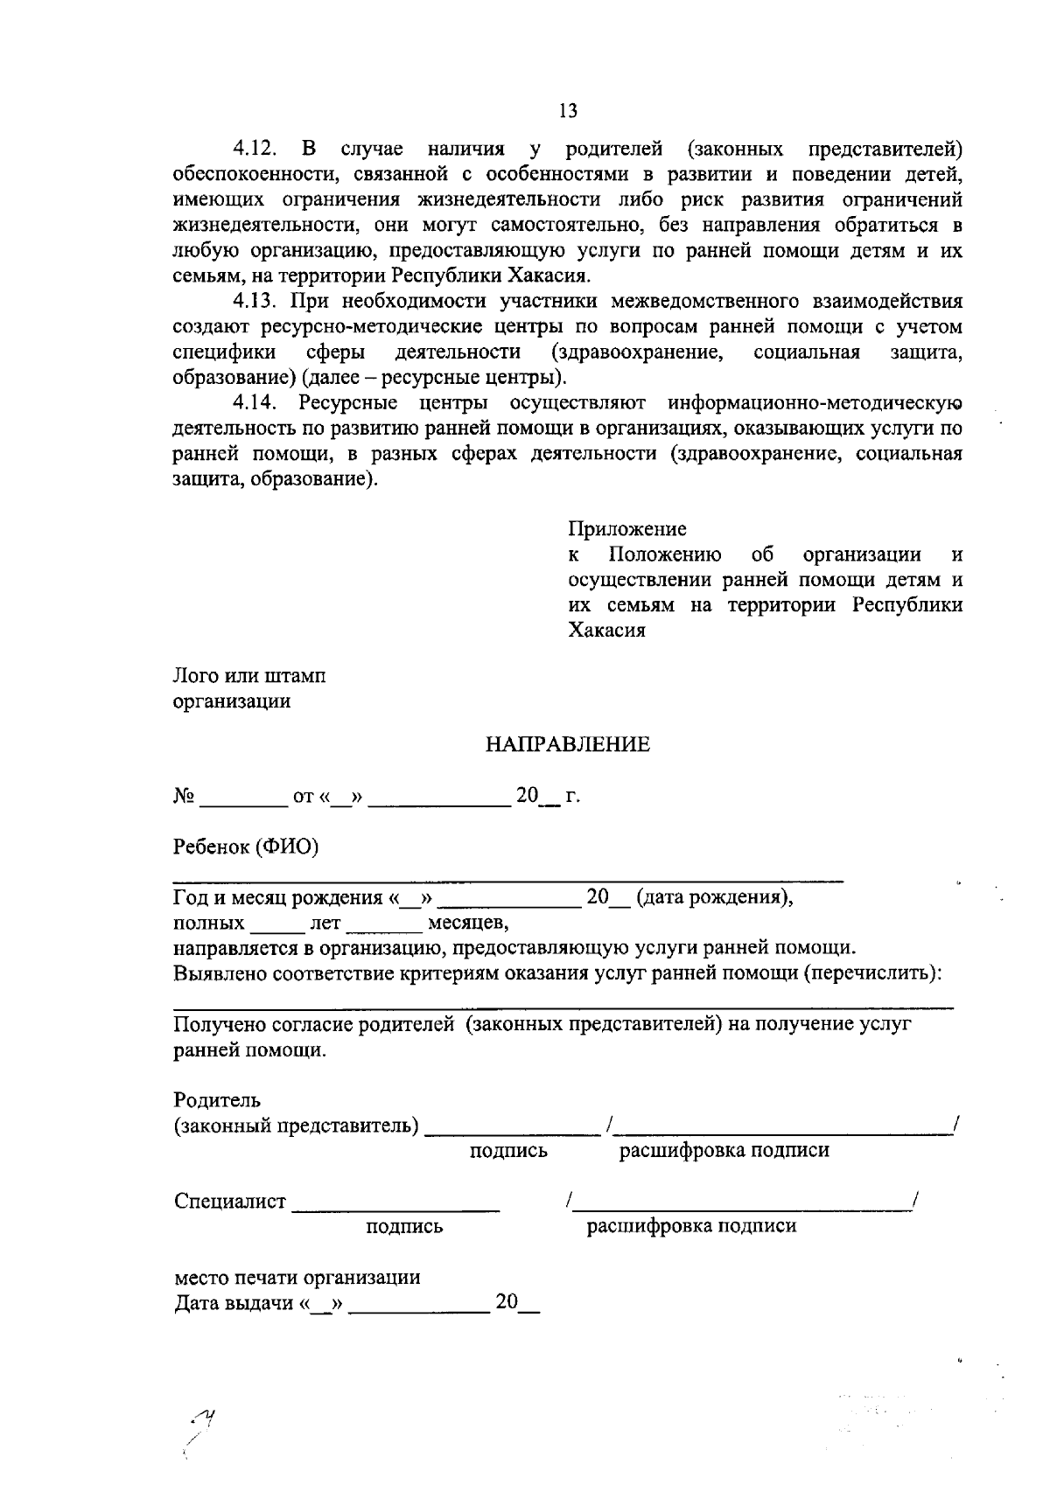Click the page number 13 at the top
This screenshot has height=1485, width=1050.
tap(568, 110)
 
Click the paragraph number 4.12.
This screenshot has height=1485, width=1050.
tap(254, 150)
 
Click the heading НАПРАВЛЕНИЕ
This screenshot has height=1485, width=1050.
tap(568, 744)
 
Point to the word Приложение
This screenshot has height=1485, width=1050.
tap(627, 529)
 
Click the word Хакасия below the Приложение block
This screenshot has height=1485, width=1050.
tap(607, 631)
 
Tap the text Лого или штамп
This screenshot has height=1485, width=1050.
tap(249, 676)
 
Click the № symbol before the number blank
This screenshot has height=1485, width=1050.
tap(183, 797)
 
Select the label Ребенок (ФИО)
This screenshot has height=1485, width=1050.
tap(246, 847)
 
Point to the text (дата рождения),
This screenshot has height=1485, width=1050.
tap(715, 898)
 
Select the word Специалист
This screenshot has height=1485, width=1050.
tap(230, 1202)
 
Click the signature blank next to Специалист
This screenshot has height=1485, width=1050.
tap(395, 1210)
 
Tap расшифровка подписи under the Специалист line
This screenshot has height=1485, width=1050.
tap(691, 1226)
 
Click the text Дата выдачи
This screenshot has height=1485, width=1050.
tap(233, 1304)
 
